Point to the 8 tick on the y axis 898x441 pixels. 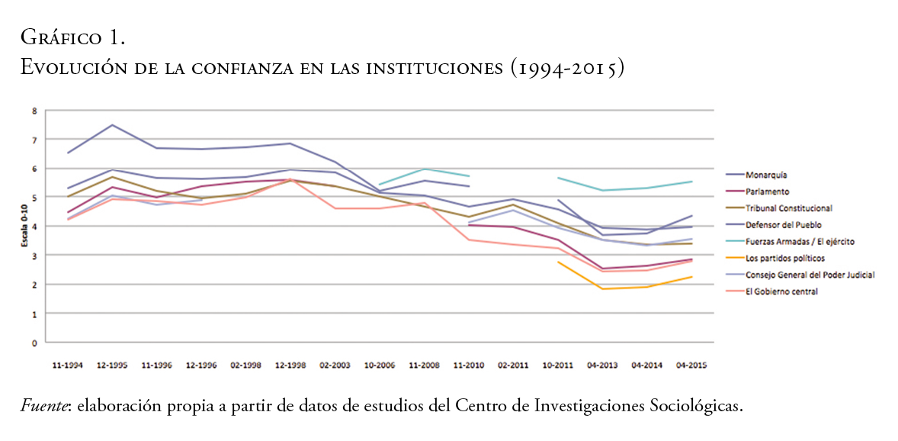[x=34, y=111]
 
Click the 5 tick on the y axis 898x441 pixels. [x=34, y=198]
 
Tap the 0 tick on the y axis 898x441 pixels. [x=34, y=343]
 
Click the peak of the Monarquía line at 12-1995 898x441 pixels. [x=113, y=125]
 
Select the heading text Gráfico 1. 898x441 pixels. [x=73, y=36]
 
